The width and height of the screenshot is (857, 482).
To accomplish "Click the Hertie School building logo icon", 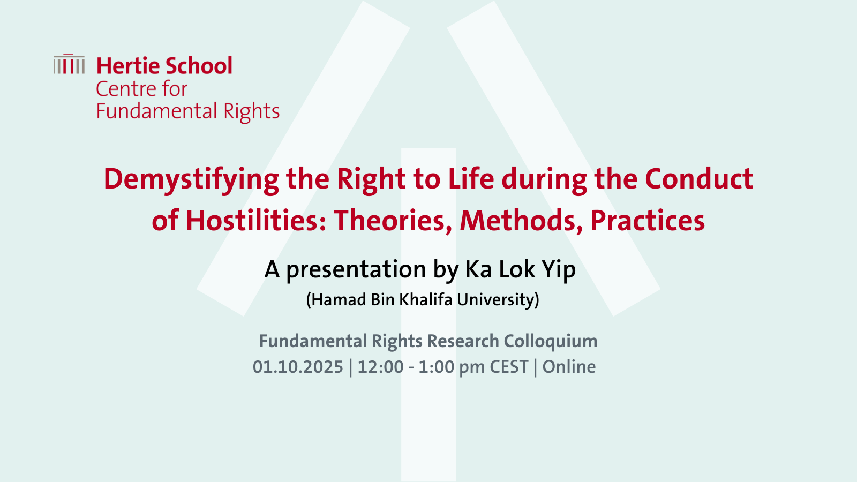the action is (69, 64).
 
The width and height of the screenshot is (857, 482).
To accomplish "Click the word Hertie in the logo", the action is (128, 66).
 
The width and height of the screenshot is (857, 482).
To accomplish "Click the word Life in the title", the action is (471, 179).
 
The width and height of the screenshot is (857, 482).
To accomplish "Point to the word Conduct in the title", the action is (699, 179).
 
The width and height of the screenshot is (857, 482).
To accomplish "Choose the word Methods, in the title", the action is (522, 222).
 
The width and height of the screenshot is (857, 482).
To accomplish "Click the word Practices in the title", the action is (648, 221).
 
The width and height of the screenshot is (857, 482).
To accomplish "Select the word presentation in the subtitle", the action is (356, 270).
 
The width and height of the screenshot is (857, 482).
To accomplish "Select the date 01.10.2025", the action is (298, 367).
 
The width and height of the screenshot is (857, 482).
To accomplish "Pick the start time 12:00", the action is (381, 367).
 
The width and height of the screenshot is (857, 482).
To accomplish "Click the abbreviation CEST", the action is (509, 367).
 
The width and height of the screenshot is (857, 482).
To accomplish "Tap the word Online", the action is (569, 367).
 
